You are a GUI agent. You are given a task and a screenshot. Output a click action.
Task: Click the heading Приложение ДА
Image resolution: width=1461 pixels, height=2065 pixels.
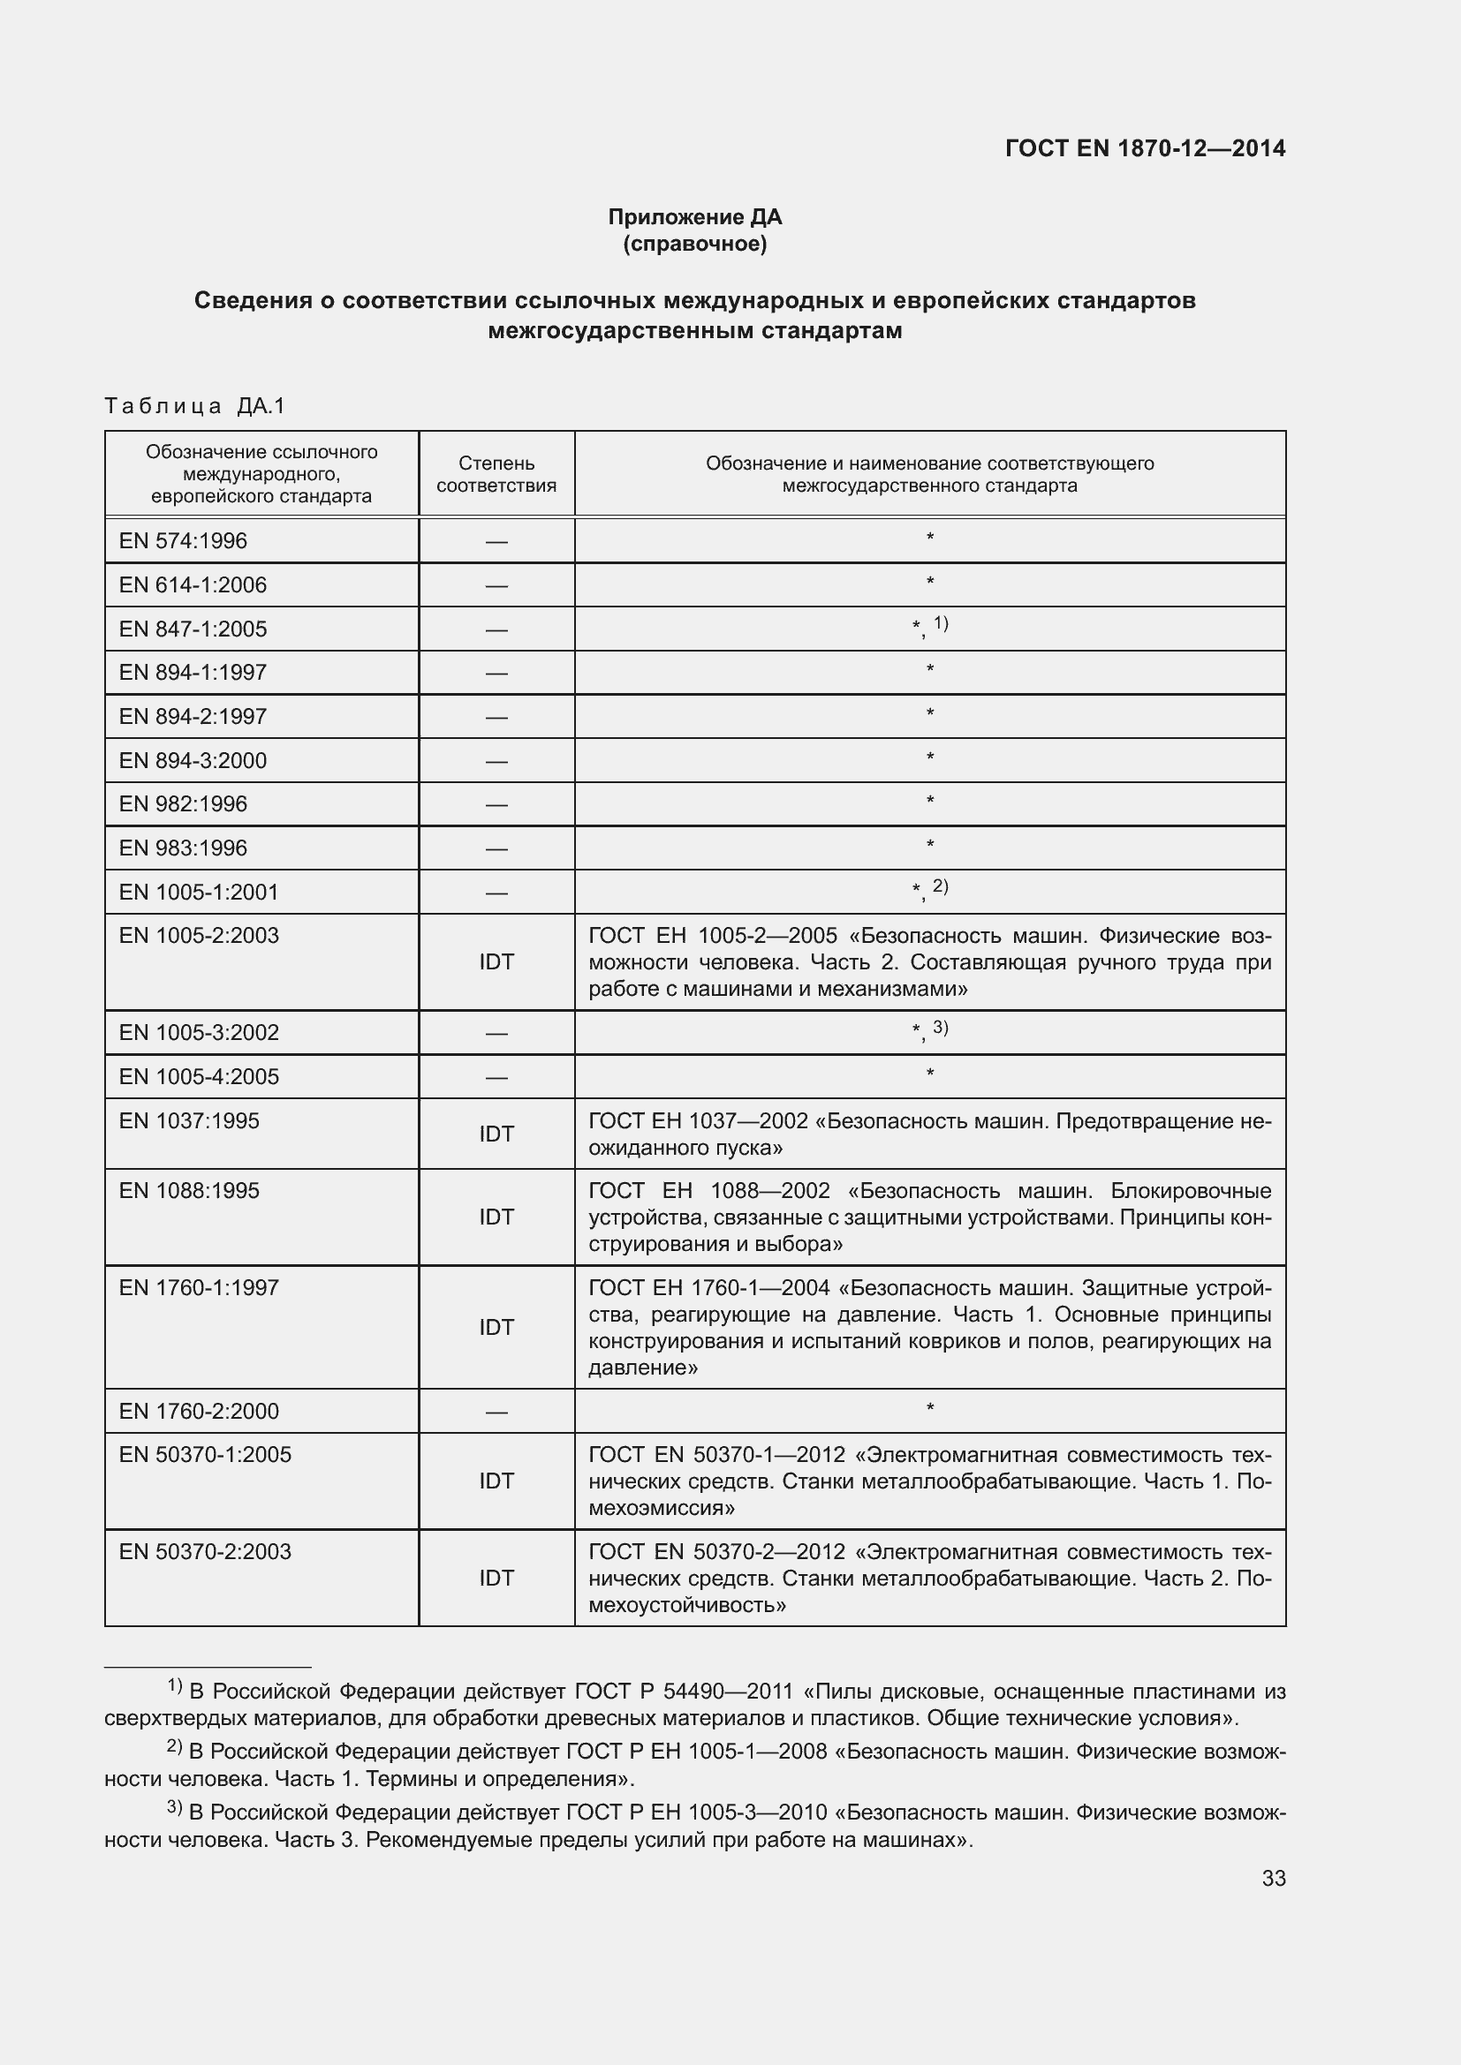coord(694,217)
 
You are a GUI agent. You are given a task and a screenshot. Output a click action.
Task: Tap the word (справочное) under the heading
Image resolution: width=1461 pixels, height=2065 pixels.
coord(694,244)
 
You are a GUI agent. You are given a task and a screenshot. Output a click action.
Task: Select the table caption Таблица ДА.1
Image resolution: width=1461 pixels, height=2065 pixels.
coord(194,406)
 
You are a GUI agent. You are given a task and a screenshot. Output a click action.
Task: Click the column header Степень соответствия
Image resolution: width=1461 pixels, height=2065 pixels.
coord(496,474)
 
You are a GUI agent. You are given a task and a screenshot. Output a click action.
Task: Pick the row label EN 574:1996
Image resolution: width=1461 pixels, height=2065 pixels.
coord(183,540)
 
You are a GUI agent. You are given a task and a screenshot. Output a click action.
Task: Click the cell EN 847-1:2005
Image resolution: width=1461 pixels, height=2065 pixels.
coord(193,629)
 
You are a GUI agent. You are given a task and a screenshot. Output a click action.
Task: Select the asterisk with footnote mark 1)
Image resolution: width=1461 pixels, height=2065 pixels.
coord(929,626)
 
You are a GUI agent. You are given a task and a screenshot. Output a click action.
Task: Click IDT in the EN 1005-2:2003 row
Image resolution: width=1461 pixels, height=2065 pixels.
coord(496,961)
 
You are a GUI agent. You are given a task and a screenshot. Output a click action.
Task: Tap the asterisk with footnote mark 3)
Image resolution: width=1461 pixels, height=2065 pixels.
coord(929,1029)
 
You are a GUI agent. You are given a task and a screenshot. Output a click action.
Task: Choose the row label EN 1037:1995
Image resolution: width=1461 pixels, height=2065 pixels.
coord(189,1120)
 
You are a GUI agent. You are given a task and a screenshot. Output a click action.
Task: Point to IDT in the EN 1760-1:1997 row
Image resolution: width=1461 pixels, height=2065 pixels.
coord(496,1327)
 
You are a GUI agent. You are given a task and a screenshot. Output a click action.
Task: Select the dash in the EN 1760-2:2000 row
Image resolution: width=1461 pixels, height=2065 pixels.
coord(496,1411)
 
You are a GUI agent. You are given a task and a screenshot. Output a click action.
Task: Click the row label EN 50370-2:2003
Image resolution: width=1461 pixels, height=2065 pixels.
coord(205,1551)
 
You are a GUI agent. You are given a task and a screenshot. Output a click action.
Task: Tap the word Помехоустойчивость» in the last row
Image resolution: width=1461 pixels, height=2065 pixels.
coord(687,1605)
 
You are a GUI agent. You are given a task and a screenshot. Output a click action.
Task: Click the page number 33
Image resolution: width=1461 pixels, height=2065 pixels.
coord(1273,1878)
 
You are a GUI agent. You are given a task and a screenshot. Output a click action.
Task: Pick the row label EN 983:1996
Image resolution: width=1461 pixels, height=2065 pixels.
coord(183,848)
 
